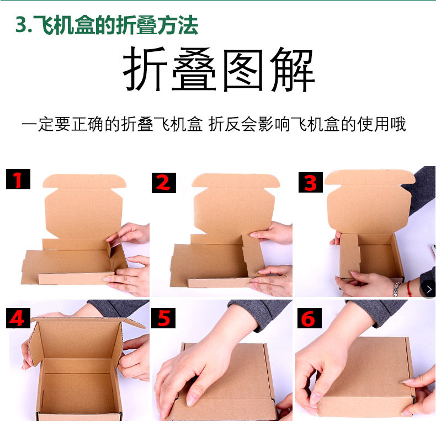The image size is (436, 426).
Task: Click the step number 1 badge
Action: [18, 180]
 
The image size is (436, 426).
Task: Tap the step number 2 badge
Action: [164, 182]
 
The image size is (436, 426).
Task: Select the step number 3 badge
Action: [310, 182]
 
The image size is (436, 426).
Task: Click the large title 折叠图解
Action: [218, 71]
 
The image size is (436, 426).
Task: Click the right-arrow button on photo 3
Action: [428, 289]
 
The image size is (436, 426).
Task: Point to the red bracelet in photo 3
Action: [408, 288]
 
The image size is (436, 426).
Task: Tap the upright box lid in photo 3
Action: [369, 201]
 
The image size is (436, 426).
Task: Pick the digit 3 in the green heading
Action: [21, 25]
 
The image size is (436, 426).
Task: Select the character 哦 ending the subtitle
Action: [397, 124]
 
